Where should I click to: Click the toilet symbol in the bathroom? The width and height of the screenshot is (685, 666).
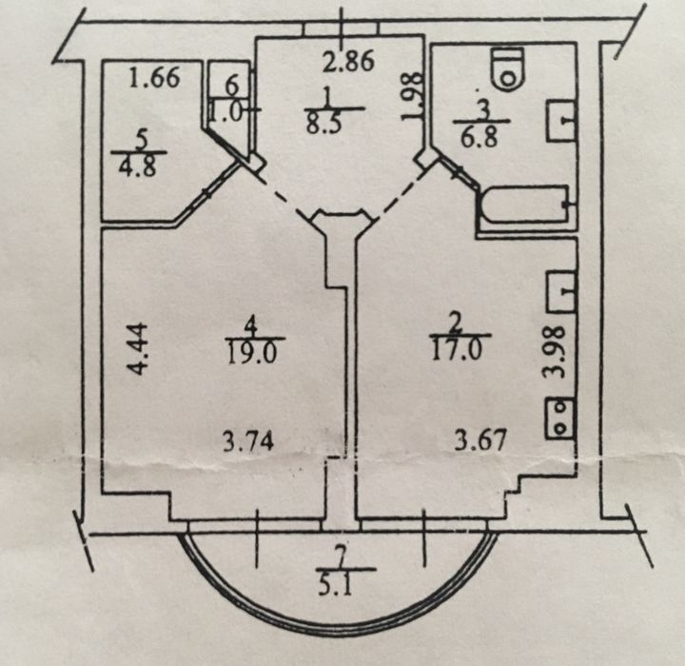(x=508, y=69)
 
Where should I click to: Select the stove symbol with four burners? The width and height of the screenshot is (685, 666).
(x=559, y=418)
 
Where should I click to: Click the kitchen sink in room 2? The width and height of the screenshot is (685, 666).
(x=560, y=291)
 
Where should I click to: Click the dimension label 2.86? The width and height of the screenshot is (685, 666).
(x=348, y=61)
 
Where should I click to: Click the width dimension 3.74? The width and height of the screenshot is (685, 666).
(x=248, y=441)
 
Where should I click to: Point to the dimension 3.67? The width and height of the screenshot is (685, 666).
(x=480, y=440)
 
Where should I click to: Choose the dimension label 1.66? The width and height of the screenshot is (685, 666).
(x=155, y=78)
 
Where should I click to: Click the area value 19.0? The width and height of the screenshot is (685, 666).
(x=252, y=353)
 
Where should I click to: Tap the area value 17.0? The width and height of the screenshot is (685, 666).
(x=457, y=349)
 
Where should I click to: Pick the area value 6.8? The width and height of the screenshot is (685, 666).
(x=479, y=137)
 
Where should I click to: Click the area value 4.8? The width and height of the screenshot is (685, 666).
(x=137, y=166)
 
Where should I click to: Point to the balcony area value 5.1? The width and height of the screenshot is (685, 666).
(x=336, y=586)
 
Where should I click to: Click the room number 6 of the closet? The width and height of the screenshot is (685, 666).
(x=232, y=85)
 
